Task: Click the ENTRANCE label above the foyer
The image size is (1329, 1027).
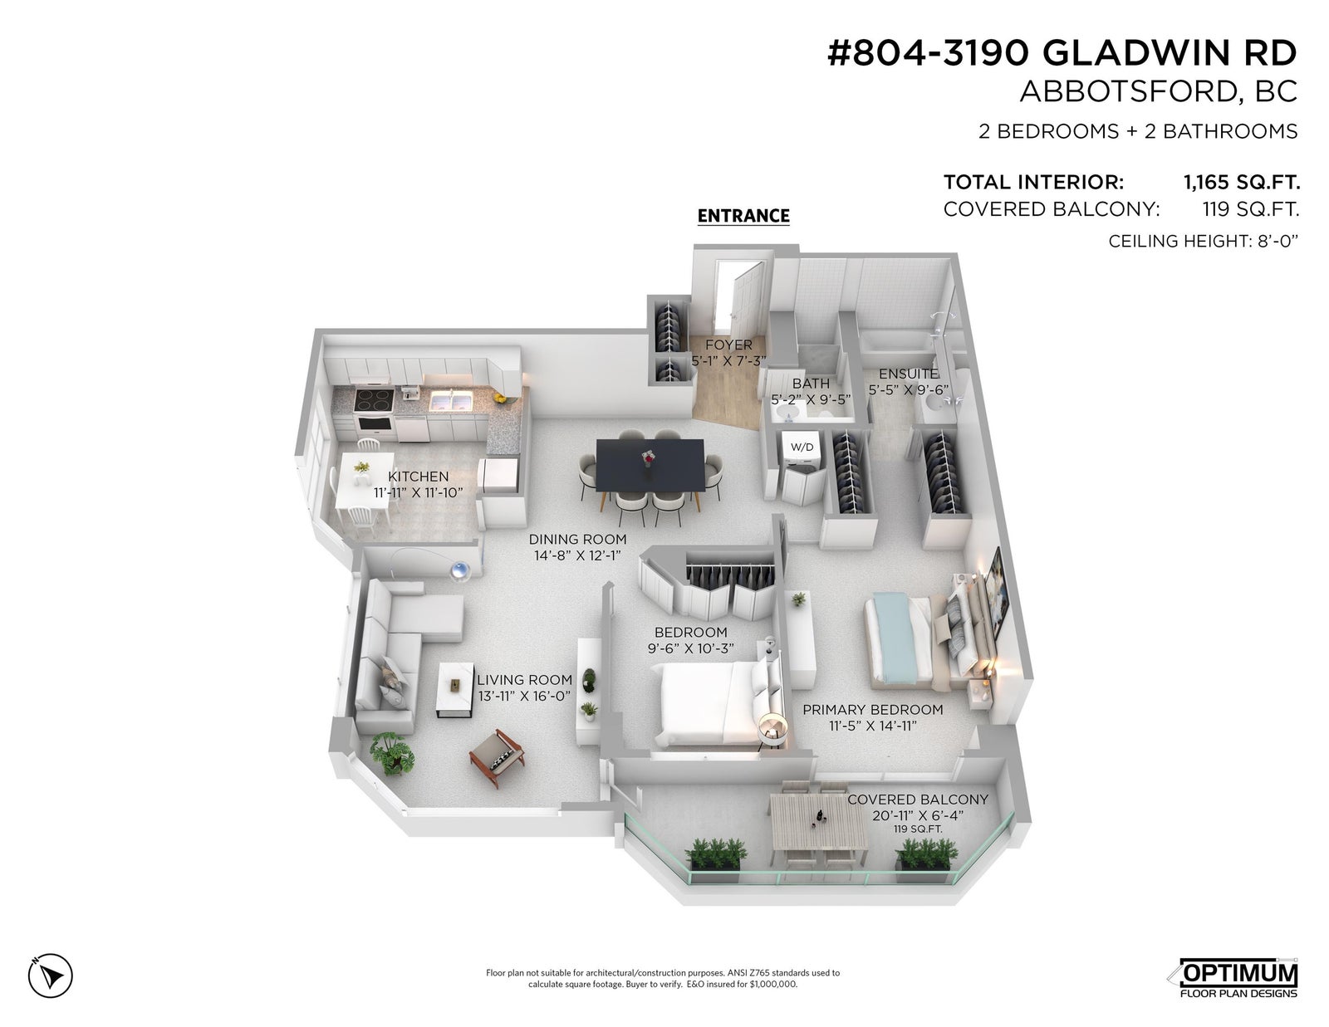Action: [743, 216]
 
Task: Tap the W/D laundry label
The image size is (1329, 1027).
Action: [802, 447]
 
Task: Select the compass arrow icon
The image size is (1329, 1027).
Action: [50, 976]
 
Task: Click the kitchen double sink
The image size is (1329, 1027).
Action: [452, 402]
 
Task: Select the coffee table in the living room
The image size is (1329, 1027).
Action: [456, 690]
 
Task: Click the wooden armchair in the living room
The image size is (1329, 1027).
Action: [497, 757]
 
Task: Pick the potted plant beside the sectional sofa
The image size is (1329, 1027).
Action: [392, 754]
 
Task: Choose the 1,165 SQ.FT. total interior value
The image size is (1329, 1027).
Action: [1242, 182]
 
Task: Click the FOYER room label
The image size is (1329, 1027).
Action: [728, 345]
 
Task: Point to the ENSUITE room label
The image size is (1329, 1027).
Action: [908, 374]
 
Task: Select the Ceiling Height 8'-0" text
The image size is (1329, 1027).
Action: [1203, 242]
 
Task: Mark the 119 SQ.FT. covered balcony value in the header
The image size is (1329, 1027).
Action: [1251, 210]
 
